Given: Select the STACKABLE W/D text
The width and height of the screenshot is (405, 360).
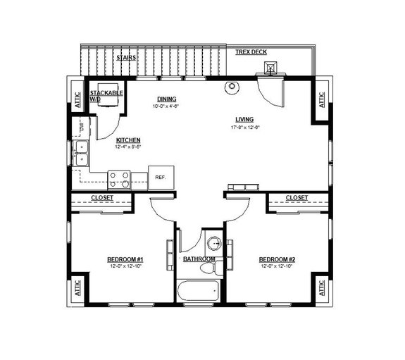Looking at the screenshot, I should tap(105, 96).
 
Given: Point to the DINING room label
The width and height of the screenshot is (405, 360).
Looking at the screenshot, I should tap(166, 99).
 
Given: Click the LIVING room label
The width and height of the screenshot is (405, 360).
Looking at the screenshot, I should tap(244, 119).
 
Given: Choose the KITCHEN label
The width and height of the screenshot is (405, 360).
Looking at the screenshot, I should tap(128, 139).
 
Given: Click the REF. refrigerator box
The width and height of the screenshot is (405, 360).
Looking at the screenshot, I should tap(161, 178).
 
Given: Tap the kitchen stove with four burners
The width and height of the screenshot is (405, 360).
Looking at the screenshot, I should tap(120, 180).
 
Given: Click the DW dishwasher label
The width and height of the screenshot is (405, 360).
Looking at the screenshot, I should tap(82, 128).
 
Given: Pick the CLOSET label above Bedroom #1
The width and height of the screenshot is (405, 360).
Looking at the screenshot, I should tap(102, 198).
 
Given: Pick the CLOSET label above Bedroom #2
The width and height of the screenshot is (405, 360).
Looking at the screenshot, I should tap(296, 198).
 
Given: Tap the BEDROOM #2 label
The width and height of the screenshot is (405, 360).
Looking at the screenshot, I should tap(276, 259).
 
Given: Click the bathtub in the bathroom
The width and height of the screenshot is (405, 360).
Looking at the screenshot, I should tap(199, 290).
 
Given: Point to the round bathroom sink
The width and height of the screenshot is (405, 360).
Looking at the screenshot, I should tap(213, 244).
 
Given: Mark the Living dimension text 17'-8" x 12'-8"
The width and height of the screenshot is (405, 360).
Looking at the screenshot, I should tap(244, 128).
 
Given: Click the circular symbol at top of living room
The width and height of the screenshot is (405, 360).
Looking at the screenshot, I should tap(230, 87).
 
